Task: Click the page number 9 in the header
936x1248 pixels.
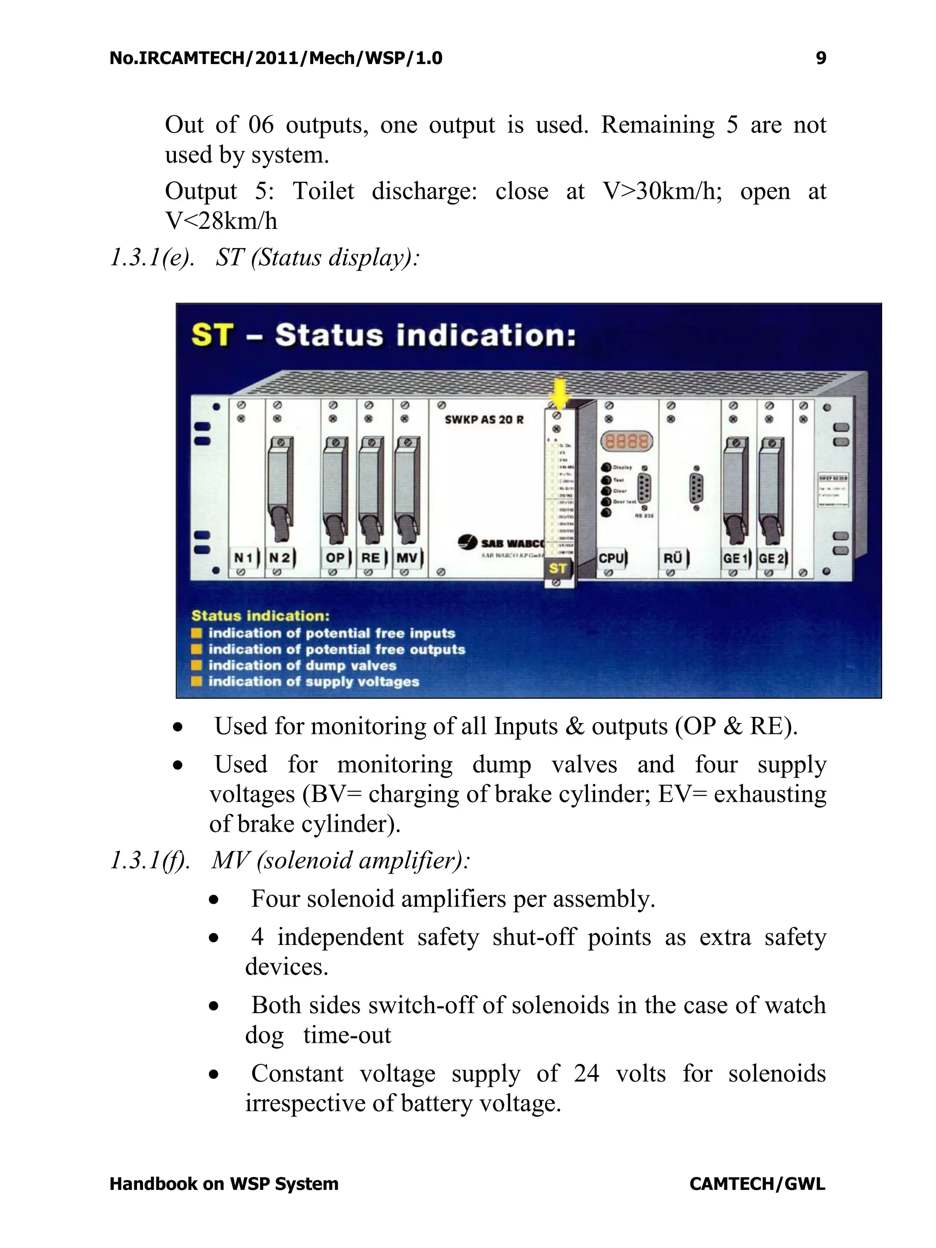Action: tap(821, 58)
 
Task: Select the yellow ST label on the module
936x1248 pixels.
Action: tap(558, 568)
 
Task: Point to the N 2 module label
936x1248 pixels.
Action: tap(280, 558)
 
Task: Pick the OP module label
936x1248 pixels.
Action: tap(335, 558)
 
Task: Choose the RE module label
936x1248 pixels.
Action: tap(371, 558)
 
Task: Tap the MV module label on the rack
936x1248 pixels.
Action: tap(407, 558)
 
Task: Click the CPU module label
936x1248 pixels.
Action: tap(611, 558)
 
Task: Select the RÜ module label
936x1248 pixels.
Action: tap(672, 558)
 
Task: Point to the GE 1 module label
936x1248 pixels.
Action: tap(734, 558)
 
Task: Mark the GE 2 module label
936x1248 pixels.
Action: tap(771, 558)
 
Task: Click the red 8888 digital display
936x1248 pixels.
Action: tap(626, 441)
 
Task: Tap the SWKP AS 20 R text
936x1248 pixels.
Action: tap(484, 420)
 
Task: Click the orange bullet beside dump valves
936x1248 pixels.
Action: tap(197, 665)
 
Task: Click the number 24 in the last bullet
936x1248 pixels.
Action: tap(586, 1073)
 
